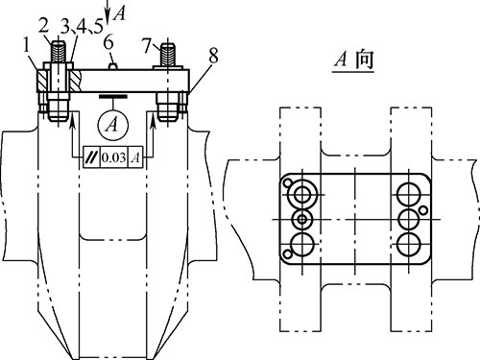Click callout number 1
pyautogui.click(x=26, y=47)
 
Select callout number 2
pyautogui.click(x=44, y=26)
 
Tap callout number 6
pyautogui.click(x=108, y=42)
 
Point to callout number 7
pyautogui.click(x=147, y=45)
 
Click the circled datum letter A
pyautogui.click(x=112, y=124)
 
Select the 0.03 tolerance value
pyautogui.click(x=114, y=157)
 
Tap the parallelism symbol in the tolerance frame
pyautogui.click(x=92, y=157)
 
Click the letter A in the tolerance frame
pyautogui.click(x=136, y=157)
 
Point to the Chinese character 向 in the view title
pyautogui.click(x=365, y=60)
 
